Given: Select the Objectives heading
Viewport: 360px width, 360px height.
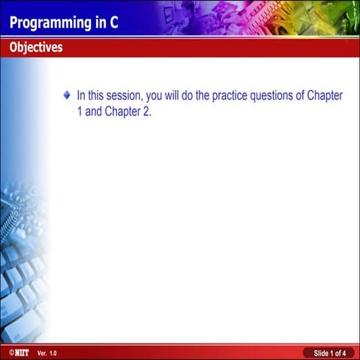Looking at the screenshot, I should click(x=36, y=48).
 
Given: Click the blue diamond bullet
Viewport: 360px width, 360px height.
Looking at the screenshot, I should click(x=67, y=95).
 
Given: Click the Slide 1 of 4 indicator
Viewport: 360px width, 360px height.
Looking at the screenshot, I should click(x=328, y=352).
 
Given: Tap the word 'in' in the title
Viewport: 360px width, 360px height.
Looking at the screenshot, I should click(x=100, y=22).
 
